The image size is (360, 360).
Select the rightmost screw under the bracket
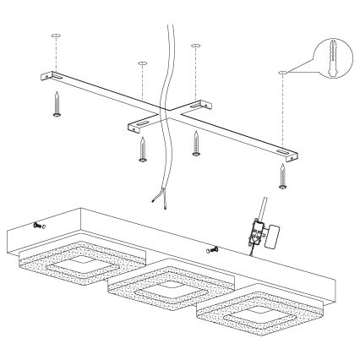(281, 173)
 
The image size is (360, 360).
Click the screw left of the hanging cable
(142, 150)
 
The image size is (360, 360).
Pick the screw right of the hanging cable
(197, 144)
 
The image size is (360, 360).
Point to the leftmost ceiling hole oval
(55, 36)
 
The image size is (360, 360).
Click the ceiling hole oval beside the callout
(281, 74)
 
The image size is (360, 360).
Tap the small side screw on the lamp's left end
(39, 226)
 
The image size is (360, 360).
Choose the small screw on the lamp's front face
(211, 250)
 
